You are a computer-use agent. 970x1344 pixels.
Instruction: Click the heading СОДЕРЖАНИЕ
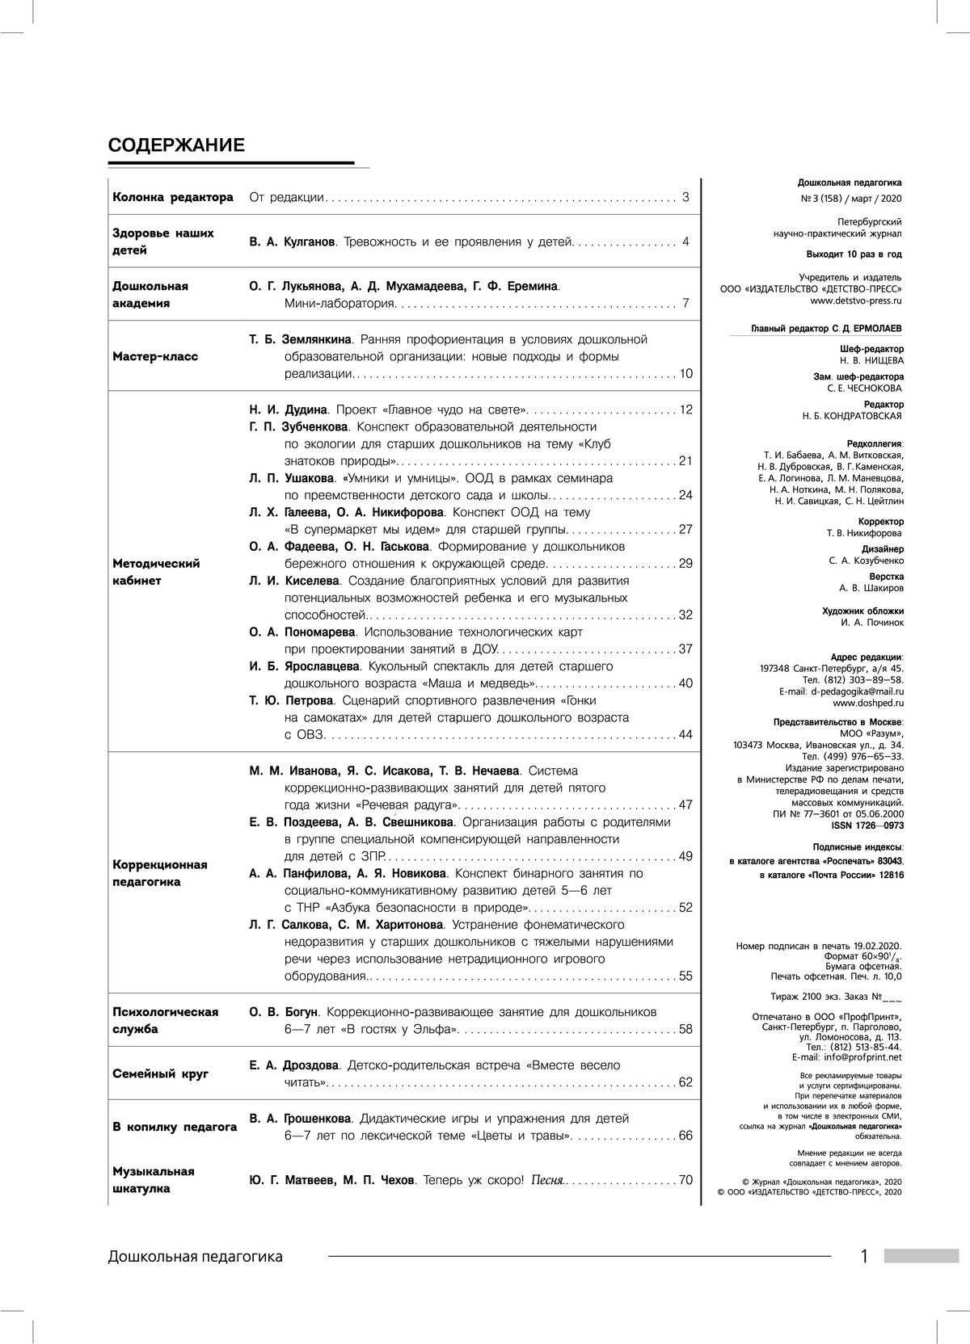pos(176,145)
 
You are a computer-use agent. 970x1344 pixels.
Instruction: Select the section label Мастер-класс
pos(155,356)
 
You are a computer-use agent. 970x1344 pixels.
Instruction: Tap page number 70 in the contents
pos(685,1180)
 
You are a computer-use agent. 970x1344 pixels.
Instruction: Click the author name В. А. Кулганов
pos(292,241)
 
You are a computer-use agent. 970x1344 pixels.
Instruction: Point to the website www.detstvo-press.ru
pos(856,300)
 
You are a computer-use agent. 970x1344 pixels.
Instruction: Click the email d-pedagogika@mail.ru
pos(858,691)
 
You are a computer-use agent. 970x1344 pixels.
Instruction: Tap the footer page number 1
pos(864,1256)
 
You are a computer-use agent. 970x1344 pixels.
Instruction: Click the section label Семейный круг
pos(161,1073)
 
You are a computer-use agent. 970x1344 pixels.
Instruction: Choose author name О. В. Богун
pos(285,1012)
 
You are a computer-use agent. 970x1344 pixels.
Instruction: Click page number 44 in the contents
pos(685,734)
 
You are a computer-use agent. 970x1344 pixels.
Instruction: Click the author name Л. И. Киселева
pos(294,581)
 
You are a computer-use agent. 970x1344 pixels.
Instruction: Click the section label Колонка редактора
pos(173,197)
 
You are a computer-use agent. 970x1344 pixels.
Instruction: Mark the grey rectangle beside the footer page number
pos(921,1257)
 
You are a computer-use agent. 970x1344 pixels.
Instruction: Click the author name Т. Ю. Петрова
pos(291,700)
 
